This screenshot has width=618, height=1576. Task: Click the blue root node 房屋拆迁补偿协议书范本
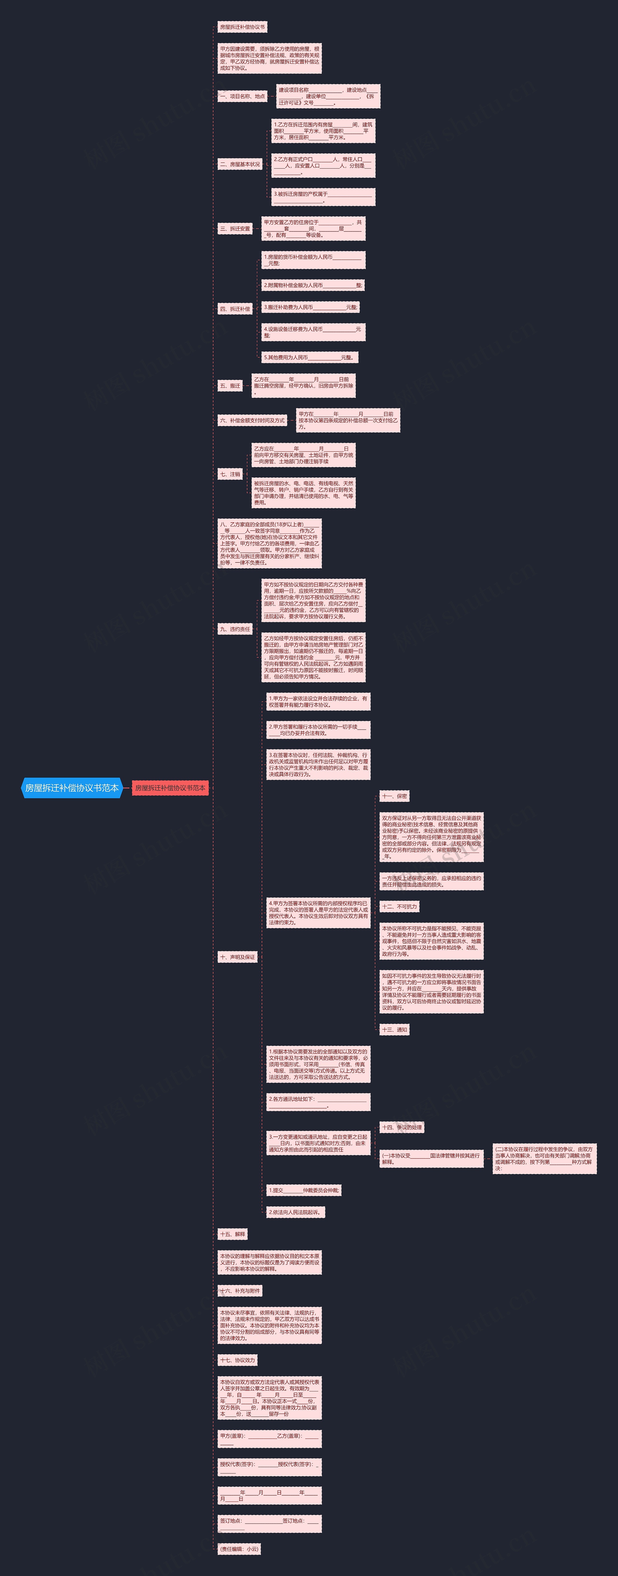point(71,788)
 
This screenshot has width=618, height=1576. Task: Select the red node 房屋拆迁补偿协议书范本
point(170,788)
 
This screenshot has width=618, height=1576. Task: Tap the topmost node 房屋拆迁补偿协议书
point(242,27)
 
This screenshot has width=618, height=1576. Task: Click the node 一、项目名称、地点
point(242,96)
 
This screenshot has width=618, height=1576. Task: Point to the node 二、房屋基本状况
point(240,164)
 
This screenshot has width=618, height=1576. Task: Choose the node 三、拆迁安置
point(235,229)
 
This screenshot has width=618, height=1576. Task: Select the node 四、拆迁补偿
point(235,309)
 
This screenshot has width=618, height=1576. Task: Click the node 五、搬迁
point(230,386)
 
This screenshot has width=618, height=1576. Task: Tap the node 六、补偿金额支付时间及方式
point(252,420)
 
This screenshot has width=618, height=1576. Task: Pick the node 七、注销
point(230,474)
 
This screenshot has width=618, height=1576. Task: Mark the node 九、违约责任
point(235,629)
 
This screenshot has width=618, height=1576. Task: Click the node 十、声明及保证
point(237,957)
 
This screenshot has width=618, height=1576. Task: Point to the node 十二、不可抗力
point(399,907)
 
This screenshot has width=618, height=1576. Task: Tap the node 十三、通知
point(394,1030)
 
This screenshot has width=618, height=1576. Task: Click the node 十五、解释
point(232,1234)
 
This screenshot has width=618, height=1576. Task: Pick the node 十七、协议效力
point(237,1360)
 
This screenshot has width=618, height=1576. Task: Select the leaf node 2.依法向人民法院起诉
point(295,1212)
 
